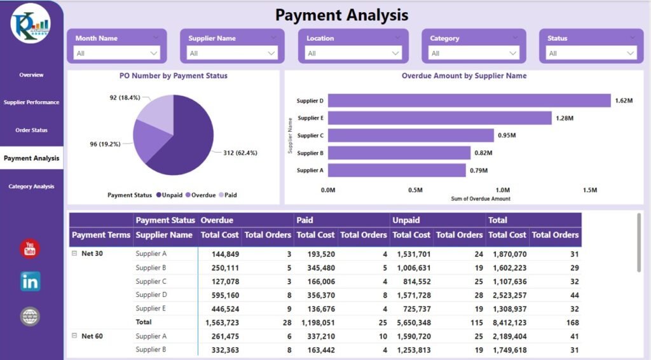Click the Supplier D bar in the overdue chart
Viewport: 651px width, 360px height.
pyautogui.click(x=469, y=100)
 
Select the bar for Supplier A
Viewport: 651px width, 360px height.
pyautogui.click(x=397, y=170)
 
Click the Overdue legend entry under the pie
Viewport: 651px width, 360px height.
pyautogui.click(x=200, y=195)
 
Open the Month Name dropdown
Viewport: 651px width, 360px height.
pyautogui.click(x=118, y=53)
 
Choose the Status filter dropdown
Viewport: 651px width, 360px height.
pyautogui.click(x=592, y=53)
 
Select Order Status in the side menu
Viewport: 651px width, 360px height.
pyautogui.click(x=31, y=130)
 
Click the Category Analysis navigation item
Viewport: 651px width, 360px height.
pyautogui.click(x=31, y=186)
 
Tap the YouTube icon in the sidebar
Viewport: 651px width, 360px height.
pyautogui.click(x=30, y=249)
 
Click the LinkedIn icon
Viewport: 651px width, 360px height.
pyautogui.click(x=30, y=281)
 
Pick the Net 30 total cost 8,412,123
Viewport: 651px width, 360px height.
pyautogui.click(x=507, y=322)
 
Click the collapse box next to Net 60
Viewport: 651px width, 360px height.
pyautogui.click(x=74, y=336)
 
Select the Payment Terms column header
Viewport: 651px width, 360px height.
pyautogui.click(x=101, y=235)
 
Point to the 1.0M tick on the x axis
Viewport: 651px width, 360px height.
pyautogui.click(x=502, y=190)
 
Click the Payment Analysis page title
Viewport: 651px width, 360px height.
pyautogui.click(x=342, y=15)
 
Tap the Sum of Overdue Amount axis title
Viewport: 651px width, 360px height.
pyautogui.click(x=481, y=199)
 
